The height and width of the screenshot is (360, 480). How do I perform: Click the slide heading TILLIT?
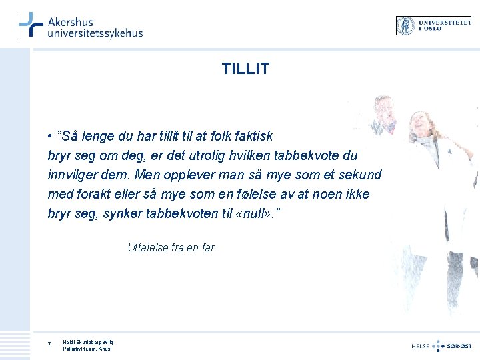245,69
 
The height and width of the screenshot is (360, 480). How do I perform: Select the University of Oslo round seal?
406,25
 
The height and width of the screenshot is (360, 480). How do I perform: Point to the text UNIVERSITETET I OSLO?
444,25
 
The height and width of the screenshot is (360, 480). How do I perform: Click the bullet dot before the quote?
51,137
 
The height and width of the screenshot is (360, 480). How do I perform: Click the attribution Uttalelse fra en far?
171,247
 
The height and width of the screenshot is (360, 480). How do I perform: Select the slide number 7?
49,344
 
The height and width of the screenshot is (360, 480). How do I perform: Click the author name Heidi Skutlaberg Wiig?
88,342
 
